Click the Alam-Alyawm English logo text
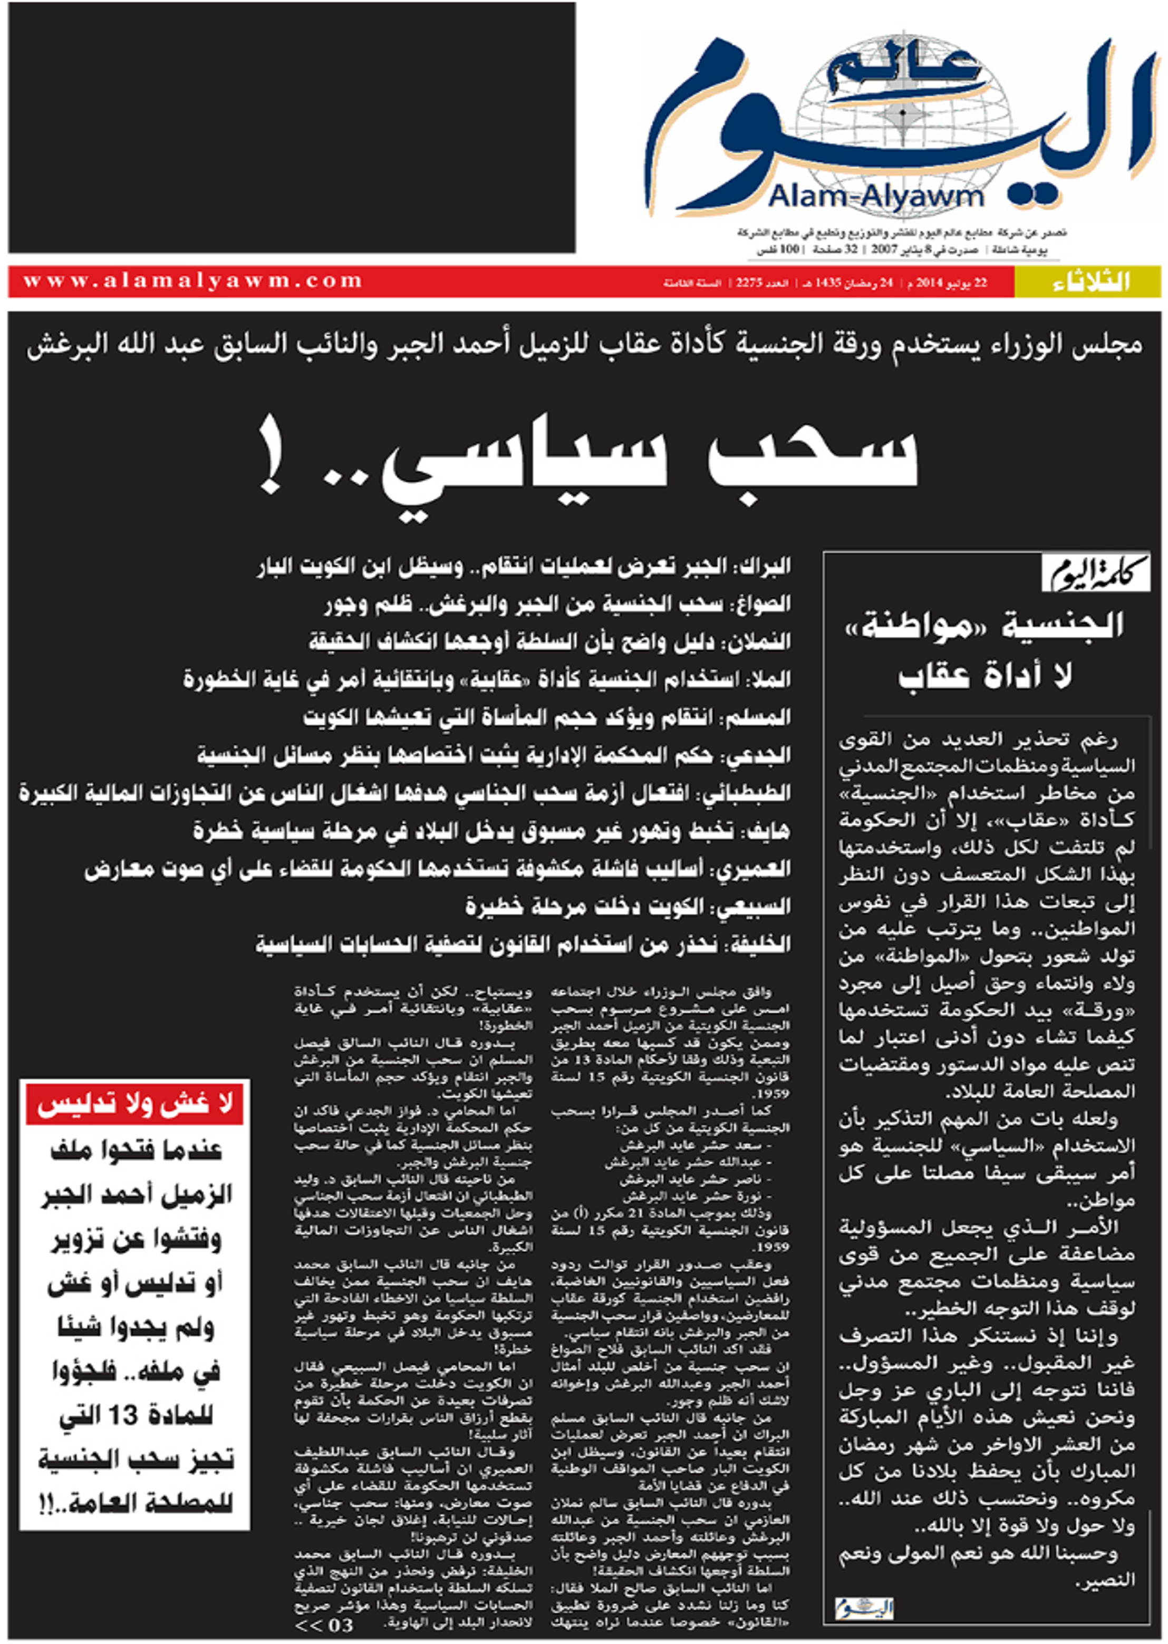pyautogui.click(x=875, y=196)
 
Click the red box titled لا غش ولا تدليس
pyautogui.click(x=134, y=1105)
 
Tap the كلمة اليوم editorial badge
pyautogui.click(x=1095, y=573)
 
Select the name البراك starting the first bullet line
pyautogui.click(x=765, y=566)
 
